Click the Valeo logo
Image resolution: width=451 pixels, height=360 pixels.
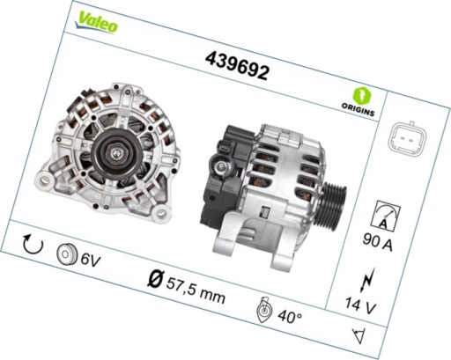[97, 22]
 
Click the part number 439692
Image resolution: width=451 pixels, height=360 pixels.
[237, 63]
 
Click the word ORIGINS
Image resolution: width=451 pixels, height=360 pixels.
[359, 113]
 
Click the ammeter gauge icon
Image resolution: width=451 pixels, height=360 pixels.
[385, 215]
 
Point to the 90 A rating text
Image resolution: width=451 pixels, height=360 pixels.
[377, 243]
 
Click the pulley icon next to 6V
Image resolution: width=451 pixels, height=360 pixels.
[66, 253]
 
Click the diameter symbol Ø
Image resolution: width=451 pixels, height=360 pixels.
[155, 280]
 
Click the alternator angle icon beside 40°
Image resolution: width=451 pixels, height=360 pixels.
[262, 308]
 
